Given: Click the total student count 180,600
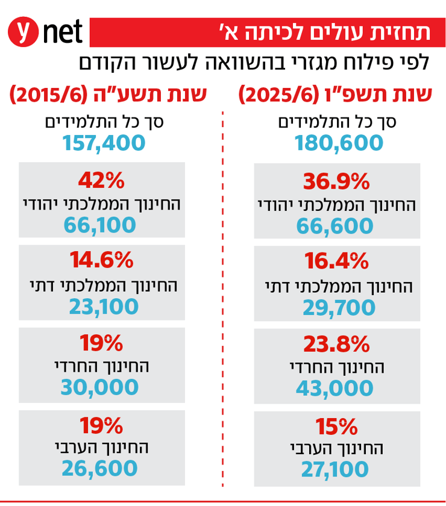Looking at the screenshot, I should [339, 143].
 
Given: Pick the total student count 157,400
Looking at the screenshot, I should [104, 143].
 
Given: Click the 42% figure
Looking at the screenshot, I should [101, 179].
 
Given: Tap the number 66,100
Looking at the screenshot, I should [101, 225].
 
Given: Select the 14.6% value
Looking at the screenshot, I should [101, 260].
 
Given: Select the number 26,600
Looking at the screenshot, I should [101, 469].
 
